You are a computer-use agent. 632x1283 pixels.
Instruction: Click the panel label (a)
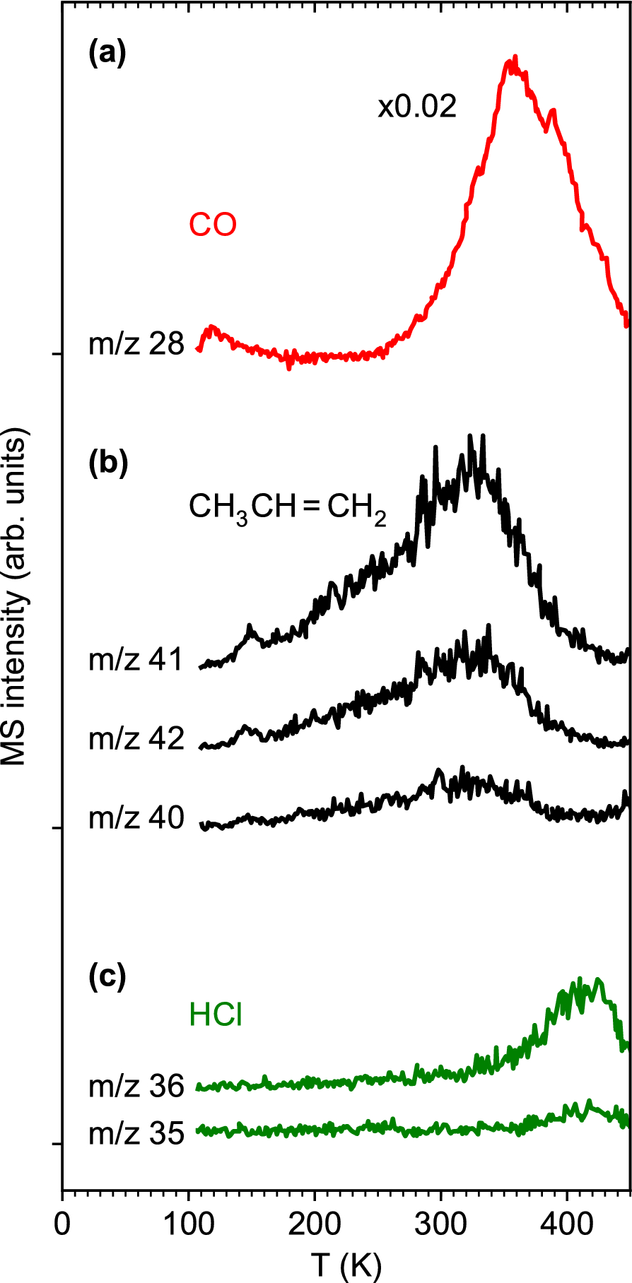coord(107,54)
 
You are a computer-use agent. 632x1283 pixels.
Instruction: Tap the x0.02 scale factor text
coord(417,107)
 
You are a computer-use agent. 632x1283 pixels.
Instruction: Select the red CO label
coord(213,225)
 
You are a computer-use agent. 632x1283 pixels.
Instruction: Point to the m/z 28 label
coord(136,345)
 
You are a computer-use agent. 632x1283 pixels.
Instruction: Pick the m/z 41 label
coord(136,660)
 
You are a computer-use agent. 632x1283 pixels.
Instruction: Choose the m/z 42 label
coord(136,739)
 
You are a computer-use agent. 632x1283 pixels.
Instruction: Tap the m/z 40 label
coord(136,818)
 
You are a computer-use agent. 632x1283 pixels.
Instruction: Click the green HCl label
coord(216,1016)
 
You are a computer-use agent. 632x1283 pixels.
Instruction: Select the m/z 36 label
coord(136,1087)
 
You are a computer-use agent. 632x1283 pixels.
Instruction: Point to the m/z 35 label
coord(136,1134)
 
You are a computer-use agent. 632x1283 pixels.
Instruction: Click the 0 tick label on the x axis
coord(63,1224)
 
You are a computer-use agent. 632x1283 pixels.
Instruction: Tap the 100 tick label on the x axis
coord(189,1224)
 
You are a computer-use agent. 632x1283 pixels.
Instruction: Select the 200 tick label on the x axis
coord(315,1224)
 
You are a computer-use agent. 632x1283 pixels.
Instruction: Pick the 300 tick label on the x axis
coord(440,1224)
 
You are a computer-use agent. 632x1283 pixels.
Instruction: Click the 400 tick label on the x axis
coord(566,1224)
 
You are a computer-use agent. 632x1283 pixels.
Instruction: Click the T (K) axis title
coord(346,1264)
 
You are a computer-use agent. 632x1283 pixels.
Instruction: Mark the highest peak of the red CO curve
coord(515,57)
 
